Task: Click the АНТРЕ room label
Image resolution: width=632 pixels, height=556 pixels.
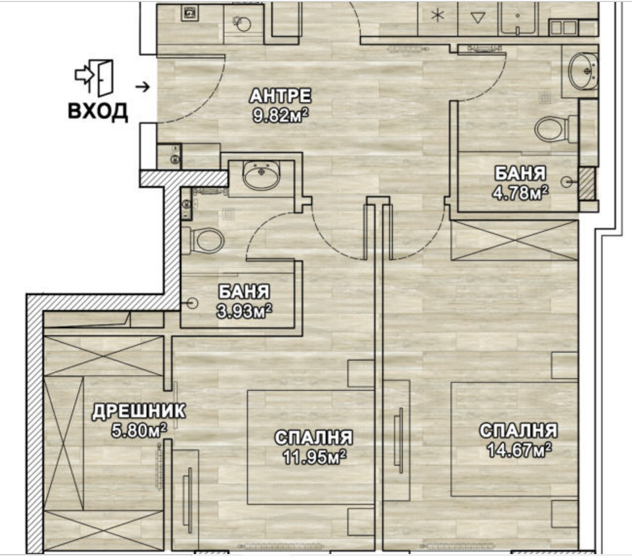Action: [x=281, y=96]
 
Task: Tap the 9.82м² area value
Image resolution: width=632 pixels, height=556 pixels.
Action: [x=281, y=116]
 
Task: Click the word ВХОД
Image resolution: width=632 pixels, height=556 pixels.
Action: [x=98, y=111]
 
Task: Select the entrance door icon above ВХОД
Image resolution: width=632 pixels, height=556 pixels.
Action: [x=94, y=78]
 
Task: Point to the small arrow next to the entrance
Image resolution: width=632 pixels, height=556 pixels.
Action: [x=142, y=86]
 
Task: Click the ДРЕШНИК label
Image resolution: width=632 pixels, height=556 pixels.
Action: [x=139, y=411]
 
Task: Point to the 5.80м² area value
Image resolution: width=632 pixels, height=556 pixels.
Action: [x=139, y=431]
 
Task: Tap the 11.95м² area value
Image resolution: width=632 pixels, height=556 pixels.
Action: [x=314, y=457]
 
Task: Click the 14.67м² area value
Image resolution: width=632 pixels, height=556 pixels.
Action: [x=519, y=450]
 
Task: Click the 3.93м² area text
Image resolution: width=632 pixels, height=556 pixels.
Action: [x=244, y=311]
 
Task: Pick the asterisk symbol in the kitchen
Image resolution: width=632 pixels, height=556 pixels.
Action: [x=437, y=16]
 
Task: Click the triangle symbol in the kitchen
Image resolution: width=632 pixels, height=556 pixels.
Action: [x=477, y=17]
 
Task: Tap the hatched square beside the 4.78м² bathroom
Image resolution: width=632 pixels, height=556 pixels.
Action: [x=586, y=183]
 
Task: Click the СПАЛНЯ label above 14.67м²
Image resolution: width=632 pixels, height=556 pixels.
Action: [x=519, y=431]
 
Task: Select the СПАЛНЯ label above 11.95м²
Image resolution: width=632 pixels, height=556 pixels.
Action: [x=314, y=438]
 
